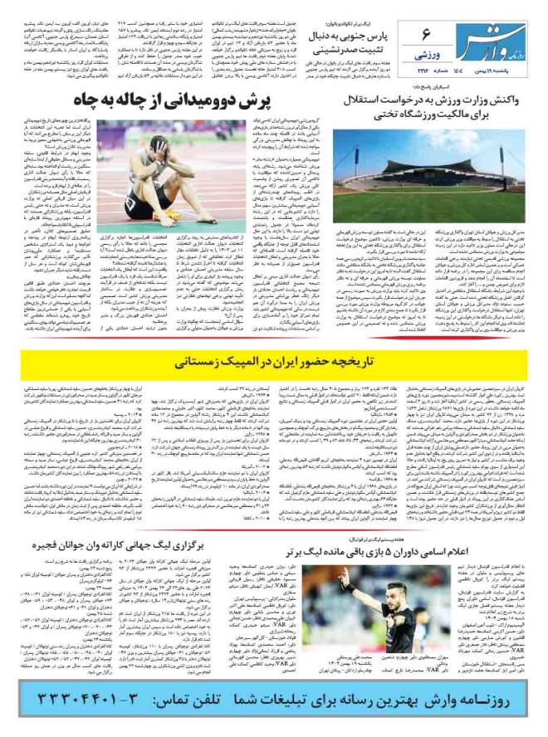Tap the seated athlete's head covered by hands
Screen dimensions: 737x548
click(x=163, y=144)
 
